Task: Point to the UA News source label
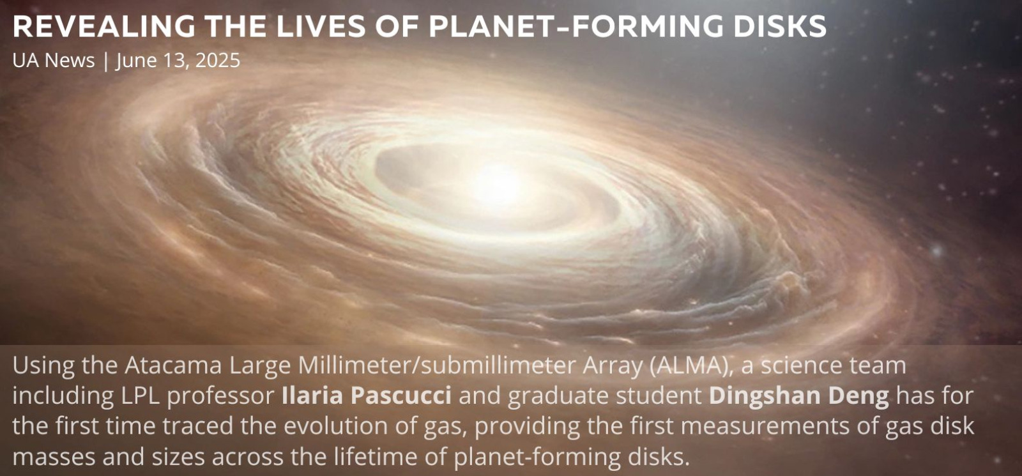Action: point(54,60)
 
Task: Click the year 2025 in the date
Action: point(218,60)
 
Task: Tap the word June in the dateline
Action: point(135,61)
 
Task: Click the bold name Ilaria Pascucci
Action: point(367,395)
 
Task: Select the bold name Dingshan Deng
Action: point(799,396)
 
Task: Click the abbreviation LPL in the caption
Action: point(140,395)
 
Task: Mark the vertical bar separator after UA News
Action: point(106,61)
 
